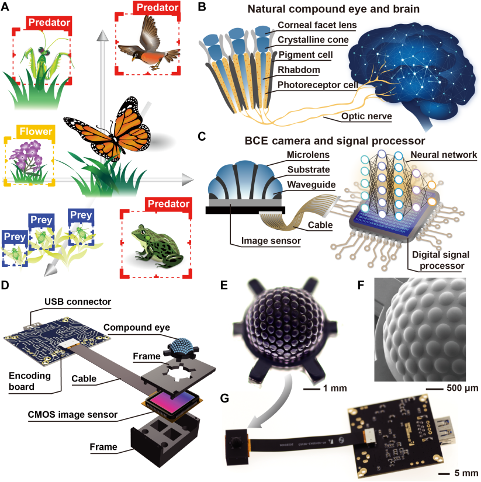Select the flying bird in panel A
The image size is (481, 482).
(148, 43)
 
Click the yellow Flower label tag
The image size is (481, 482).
(36, 131)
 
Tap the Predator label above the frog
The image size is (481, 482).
(168, 204)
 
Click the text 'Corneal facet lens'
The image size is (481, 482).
(317, 25)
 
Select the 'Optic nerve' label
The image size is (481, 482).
(366, 116)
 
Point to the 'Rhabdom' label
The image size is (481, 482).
(299, 70)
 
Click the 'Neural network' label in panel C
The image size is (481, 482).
(444, 155)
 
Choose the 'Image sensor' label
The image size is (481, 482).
(271, 241)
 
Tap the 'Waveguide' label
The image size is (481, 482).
(312, 185)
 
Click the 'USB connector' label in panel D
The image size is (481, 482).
(78, 302)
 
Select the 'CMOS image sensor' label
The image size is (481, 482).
(72, 415)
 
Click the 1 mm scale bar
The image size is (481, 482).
(312, 390)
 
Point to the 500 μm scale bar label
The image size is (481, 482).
(462, 389)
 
